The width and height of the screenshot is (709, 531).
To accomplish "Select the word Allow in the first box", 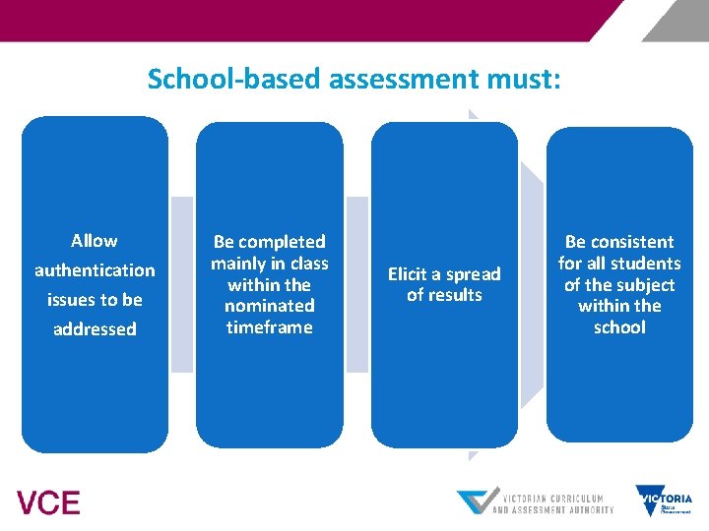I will pyautogui.click(x=95, y=241).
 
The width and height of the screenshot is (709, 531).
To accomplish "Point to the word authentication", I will pyautogui.click(x=95, y=270).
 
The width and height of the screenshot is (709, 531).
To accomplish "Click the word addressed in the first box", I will pyautogui.click(x=95, y=329).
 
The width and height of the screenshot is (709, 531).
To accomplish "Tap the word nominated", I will pyautogui.click(x=269, y=306).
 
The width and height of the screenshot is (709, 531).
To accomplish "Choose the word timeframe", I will pyautogui.click(x=269, y=327).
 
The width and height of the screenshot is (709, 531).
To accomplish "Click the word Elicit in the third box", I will pyautogui.click(x=409, y=274).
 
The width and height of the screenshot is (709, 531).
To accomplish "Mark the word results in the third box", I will pyautogui.click(x=455, y=295).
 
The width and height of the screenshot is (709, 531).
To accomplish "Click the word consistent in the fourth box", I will pyautogui.click(x=632, y=242).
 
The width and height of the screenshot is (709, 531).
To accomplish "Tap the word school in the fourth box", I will pyautogui.click(x=619, y=327).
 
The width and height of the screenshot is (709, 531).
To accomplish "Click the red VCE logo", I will pyautogui.click(x=48, y=502).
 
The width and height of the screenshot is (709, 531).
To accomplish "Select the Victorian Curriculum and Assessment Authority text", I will pyautogui.click(x=551, y=501).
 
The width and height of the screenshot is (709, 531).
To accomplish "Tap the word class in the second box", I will pyautogui.click(x=309, y=264).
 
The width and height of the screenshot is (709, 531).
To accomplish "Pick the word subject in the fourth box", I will pyautogui.click(x=647, y=285).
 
